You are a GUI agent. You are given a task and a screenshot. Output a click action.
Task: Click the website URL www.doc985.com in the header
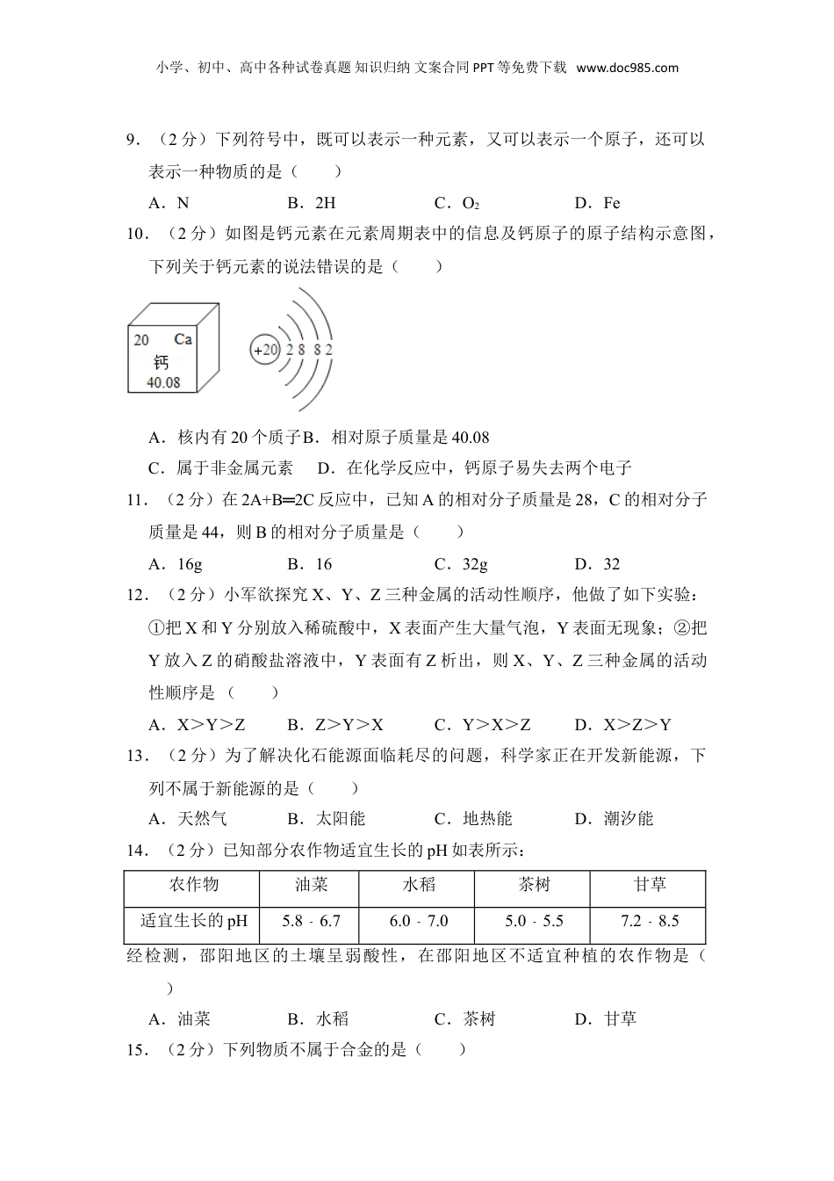(628, 68)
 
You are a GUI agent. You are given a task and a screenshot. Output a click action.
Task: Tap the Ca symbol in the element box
(183, 339)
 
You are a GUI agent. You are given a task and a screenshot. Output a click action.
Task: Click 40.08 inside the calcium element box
(163, 382)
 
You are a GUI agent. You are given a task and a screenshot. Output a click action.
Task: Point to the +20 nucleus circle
(264, 350)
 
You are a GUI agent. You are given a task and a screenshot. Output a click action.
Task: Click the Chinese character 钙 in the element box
(161, 361)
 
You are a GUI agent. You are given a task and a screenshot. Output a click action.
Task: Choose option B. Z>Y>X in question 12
(335, 725)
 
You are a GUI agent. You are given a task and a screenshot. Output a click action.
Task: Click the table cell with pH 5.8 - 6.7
(311, 922)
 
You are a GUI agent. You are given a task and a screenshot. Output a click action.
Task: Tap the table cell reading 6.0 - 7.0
(419, 922)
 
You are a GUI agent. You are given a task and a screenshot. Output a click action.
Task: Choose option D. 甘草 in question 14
(606, 1019)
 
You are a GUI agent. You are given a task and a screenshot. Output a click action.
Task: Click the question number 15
(137, 1049)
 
